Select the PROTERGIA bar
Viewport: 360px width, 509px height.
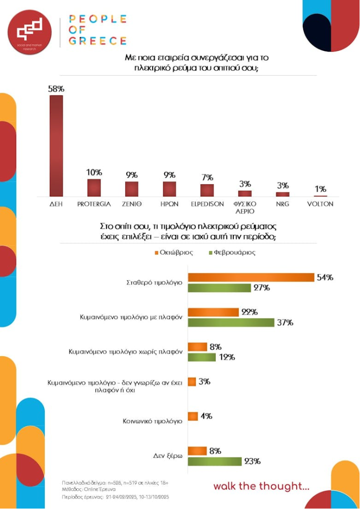click(x=94, y=188)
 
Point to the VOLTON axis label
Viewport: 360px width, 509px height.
click(x=320, y=204)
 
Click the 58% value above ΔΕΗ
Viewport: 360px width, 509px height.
click(x=56, y=89)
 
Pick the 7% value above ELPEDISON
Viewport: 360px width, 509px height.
click(x=207, y=177)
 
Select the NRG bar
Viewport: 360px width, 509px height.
click(x=283, y=194)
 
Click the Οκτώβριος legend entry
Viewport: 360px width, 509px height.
click(x=174, y=252)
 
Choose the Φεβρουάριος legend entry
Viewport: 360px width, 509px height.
click(x=231, y=252)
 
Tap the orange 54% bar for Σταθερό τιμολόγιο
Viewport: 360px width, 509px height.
click(x=251, y=277)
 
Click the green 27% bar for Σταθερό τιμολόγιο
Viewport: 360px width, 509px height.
click(x=219, y=288)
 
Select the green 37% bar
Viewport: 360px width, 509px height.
click(x=231, y=323)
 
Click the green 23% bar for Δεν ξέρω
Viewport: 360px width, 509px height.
click(x=215, y=461)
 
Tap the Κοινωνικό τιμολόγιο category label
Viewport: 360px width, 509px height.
click(x=153, y=421)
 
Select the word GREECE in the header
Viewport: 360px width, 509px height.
click(x=97, y=41)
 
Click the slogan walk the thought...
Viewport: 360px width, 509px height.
click(x=261, y=486)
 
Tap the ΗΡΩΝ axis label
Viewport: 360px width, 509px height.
click(x=170, y=204)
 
